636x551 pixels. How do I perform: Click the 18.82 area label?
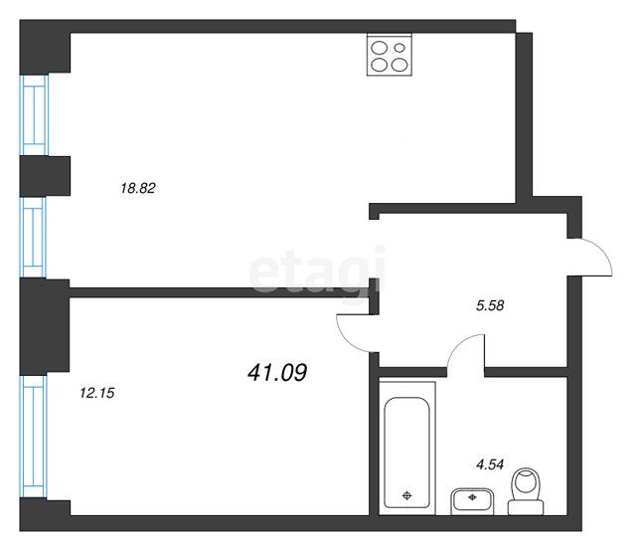[x=138, y=188]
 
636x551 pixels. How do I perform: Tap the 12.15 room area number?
[x=97, y=393]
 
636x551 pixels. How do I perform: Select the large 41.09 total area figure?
[x=277, y=372]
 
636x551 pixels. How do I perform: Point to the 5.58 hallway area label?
[x=490, y=305]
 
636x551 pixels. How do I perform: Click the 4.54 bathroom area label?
[x=490, y=464]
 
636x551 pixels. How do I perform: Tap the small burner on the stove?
[x=399, y=48]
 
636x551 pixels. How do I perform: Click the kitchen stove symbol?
[x=390, y=55]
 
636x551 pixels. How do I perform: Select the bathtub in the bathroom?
[x=406, y=449]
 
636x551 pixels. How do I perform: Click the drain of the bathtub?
[x=406, y=495]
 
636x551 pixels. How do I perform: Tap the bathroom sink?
[x=472, y=501]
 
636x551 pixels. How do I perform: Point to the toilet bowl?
[x=526, y=484]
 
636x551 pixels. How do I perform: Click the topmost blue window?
[x=35, y=115]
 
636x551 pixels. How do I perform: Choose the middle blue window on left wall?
[x=34, y=238]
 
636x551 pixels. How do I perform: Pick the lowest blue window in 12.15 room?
[x=34, y=437]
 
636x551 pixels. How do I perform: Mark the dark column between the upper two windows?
[x=45, y=176]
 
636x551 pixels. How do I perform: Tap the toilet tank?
[x=526, y=507]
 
